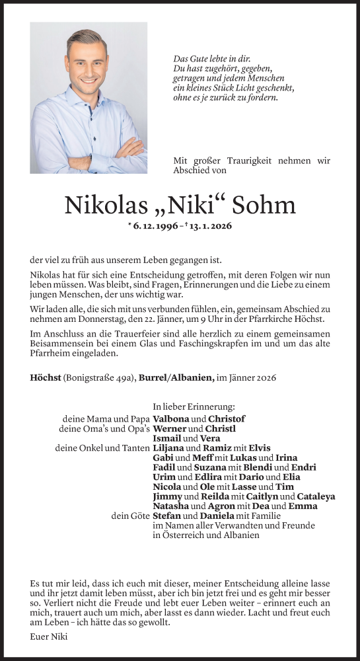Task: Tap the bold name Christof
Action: pos(227,419)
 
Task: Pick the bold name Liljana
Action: pos(168,448)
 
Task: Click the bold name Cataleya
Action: pos(316,496)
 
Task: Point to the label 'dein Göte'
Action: pos(130,516)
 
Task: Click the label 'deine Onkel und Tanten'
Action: pos(102,448)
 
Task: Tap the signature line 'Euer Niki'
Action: pos(49,637)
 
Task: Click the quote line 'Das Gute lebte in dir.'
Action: pos(207,59)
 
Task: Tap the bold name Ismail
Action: pos(166,438)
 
